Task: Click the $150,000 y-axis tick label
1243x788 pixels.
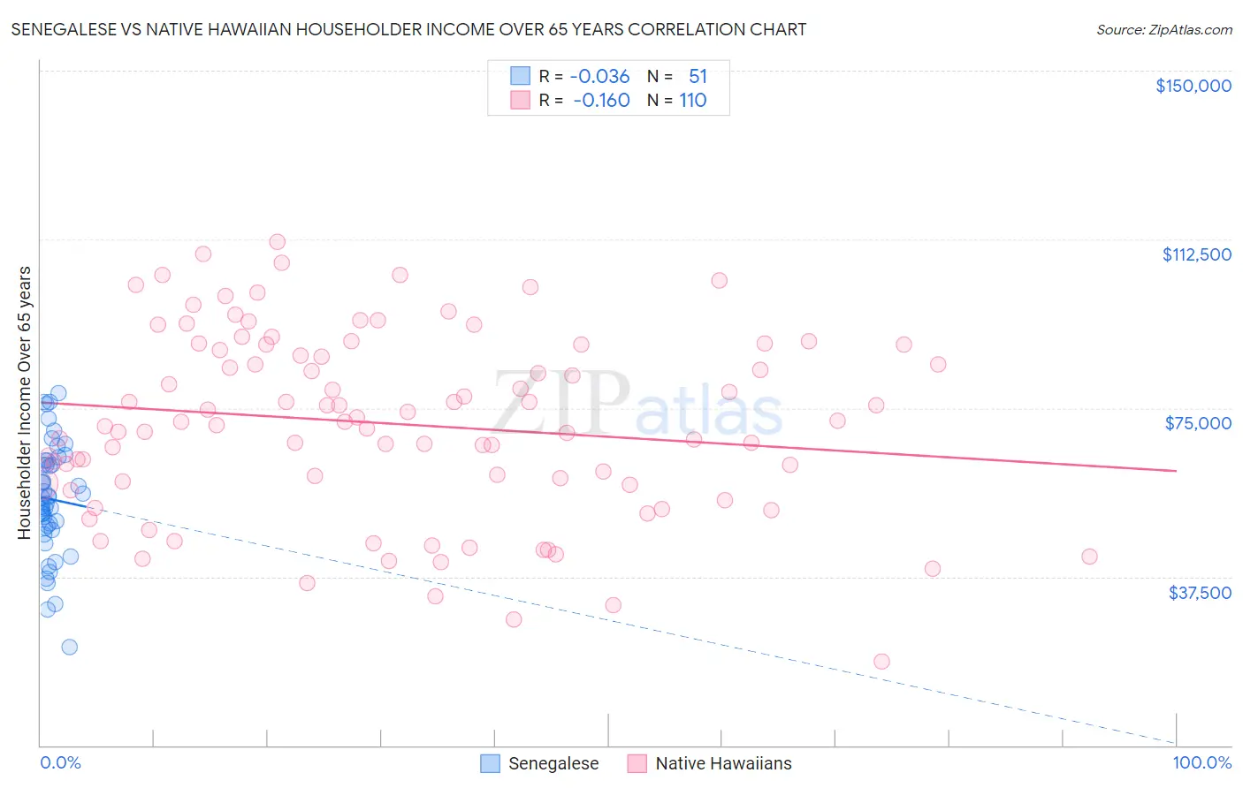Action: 1193,86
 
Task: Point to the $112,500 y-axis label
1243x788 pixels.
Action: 1196,254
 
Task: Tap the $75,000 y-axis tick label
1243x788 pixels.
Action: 1198,423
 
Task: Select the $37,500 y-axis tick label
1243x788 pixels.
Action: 1200,593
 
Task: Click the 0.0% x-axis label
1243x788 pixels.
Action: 60,763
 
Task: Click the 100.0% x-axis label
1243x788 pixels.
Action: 1201,763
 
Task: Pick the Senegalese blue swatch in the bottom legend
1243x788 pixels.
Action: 490,763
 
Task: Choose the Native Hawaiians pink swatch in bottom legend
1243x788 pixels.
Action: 637,763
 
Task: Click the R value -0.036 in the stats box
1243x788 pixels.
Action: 599,77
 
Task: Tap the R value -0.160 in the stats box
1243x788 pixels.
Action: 601,101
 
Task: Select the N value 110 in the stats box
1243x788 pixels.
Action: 692,101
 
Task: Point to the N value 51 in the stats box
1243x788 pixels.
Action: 698,77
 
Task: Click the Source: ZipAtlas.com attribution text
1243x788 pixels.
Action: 1163,30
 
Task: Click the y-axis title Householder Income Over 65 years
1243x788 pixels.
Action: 25,402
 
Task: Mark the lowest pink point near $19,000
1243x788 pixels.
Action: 881,662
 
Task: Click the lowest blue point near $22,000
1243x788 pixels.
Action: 69,647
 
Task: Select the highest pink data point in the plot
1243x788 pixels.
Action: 277,242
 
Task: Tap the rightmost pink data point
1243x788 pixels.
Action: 1089,557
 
